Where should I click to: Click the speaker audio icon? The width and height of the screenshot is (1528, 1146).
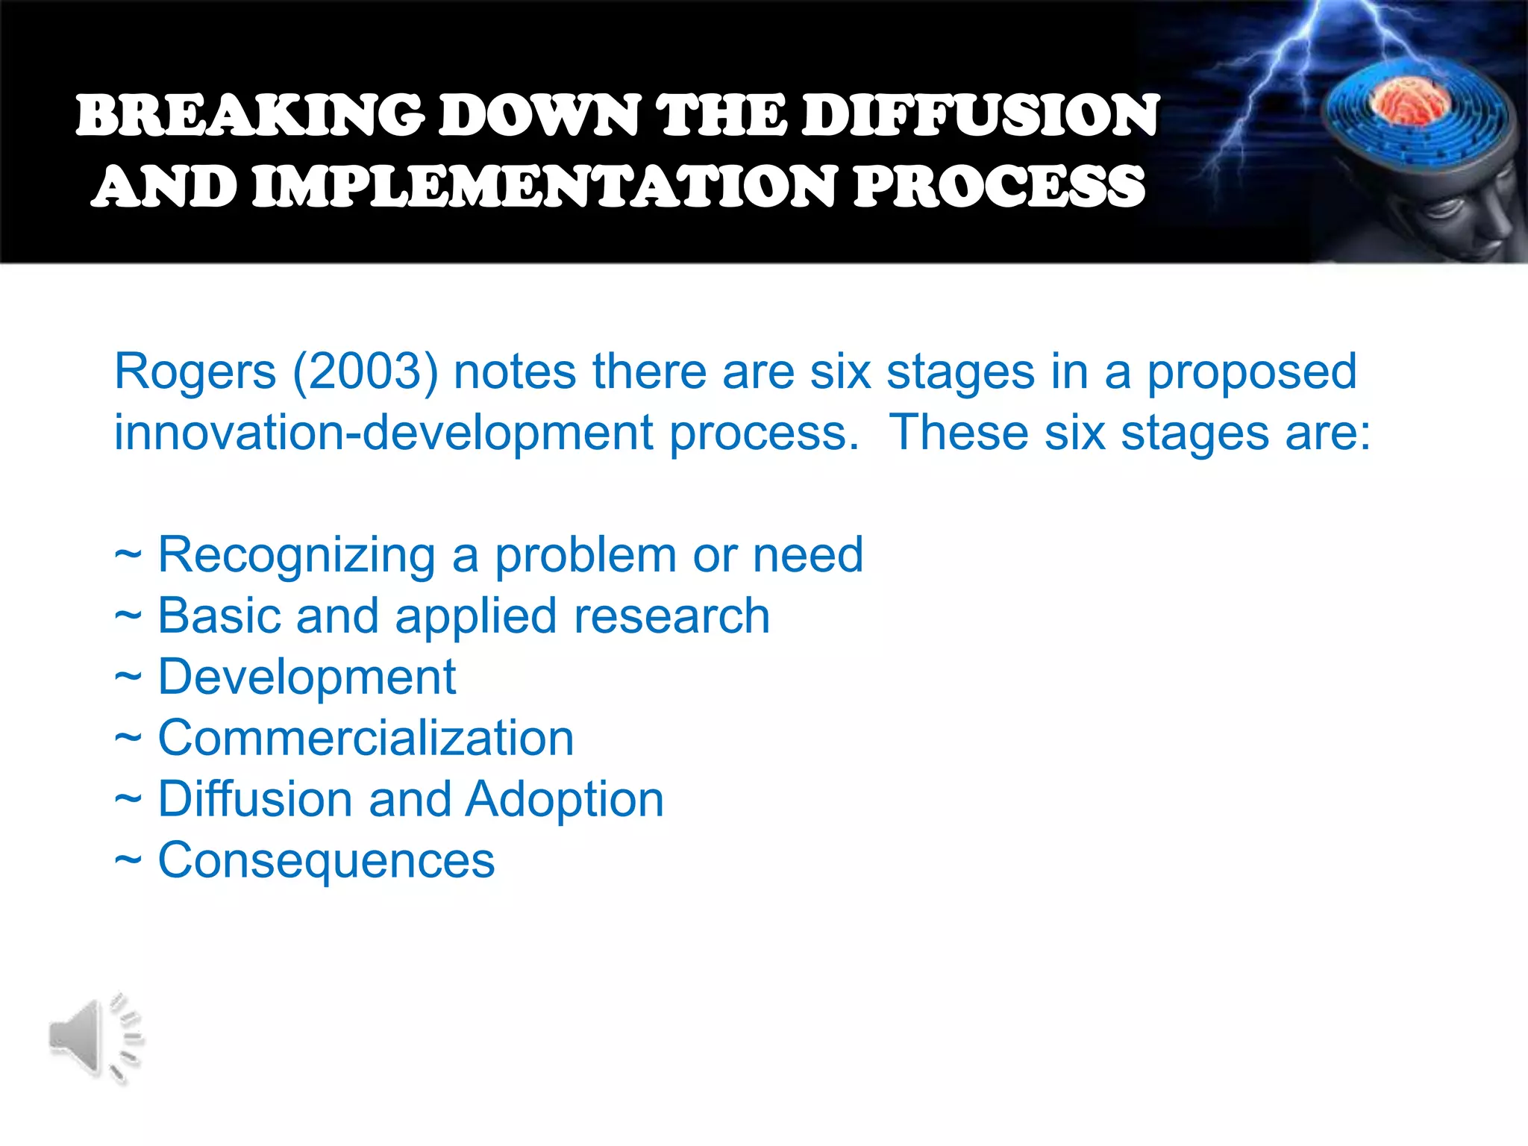(95, 1038)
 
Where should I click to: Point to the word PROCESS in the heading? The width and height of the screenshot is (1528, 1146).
(998, 187)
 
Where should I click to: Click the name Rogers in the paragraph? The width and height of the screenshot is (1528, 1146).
(195, 372)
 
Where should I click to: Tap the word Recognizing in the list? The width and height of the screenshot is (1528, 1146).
(296, 556)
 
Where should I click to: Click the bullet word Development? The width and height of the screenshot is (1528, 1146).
(307, 677)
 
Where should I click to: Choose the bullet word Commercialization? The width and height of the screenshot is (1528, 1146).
(366, 738)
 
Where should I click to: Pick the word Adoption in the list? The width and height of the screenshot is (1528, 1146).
(565, 800)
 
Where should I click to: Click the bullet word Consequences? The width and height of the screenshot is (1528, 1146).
(326, 860)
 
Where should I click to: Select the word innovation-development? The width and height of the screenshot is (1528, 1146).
(383, 433)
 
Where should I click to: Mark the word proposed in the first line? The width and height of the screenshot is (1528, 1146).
(1251, 372)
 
